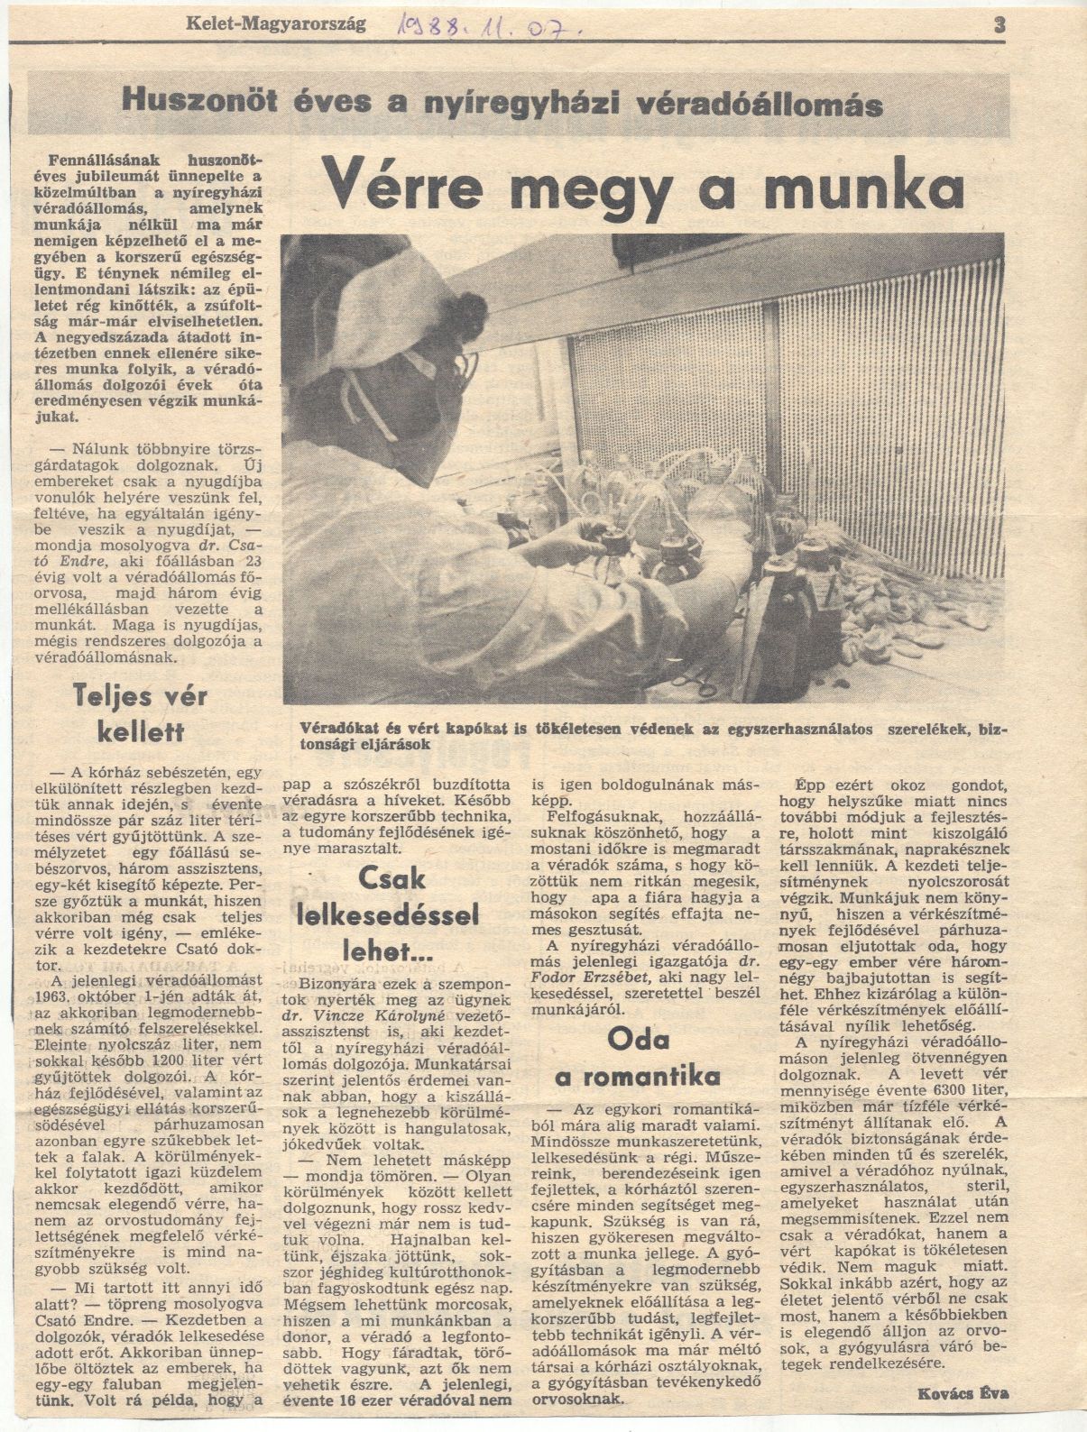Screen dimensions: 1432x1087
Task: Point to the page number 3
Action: [999, 25]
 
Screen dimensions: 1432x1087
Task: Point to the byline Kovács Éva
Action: [963, 1393]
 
